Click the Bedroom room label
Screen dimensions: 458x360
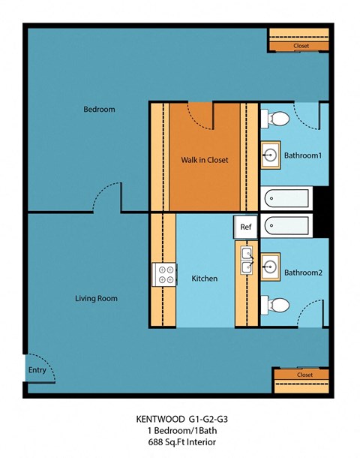99,110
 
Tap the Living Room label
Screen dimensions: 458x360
96,299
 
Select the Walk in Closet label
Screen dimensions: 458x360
204,160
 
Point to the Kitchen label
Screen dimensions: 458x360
205,279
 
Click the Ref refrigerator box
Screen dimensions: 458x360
245,226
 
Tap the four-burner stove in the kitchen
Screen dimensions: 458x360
163,274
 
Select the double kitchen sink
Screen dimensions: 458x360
246,260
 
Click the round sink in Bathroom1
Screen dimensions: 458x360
270,156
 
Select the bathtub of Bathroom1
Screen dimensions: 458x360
286,199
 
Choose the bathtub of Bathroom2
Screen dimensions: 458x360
286,225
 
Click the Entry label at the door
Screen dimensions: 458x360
37,370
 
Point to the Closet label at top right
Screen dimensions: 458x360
301,47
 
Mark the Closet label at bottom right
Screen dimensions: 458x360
304,374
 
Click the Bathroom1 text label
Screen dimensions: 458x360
302,156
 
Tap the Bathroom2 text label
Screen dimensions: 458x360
302,273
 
